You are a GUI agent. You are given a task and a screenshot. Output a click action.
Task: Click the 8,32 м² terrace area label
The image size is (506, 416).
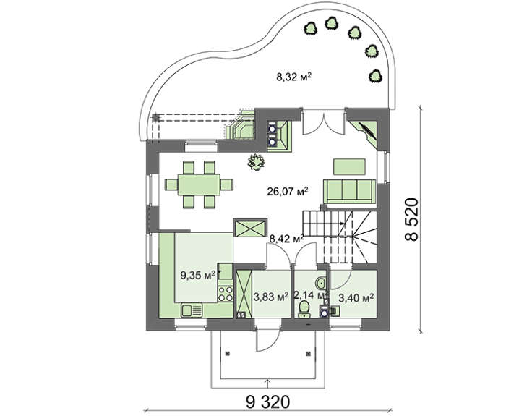tap(293, 77)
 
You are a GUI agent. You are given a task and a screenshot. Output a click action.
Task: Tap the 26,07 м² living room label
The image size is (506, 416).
tap(288, 192)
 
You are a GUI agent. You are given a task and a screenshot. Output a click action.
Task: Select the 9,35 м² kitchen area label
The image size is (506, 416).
tap(198, 276)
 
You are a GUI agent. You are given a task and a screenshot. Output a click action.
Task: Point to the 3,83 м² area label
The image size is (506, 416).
tap(271, 297)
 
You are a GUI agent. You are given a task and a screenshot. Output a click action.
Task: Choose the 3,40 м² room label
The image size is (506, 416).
tap(356, 297)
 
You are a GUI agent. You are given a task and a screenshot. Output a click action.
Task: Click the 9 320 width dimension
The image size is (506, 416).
tap(268, 402)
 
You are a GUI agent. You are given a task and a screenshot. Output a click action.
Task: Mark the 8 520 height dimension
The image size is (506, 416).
tap(412, 219)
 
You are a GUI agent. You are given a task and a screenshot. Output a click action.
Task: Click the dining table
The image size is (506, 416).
tap(199, 184)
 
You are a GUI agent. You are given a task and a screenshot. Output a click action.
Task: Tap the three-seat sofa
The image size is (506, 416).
tap(350, 192)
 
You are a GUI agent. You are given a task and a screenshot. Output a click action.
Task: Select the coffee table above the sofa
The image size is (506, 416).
tap(349, 166)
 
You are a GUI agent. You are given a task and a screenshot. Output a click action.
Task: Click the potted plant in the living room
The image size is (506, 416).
tap(256, 161)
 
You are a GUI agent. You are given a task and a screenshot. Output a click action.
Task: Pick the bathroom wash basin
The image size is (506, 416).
tap(321, 283)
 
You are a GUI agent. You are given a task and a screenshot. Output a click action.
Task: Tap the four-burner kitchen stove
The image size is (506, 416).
tap(226, 294)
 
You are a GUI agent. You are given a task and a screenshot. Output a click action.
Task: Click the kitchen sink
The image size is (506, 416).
tap(192, 310)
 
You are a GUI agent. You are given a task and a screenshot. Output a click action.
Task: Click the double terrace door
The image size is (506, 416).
tap(323, 122)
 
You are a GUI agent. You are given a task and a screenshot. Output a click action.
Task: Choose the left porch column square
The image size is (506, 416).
tap(228, 353)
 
